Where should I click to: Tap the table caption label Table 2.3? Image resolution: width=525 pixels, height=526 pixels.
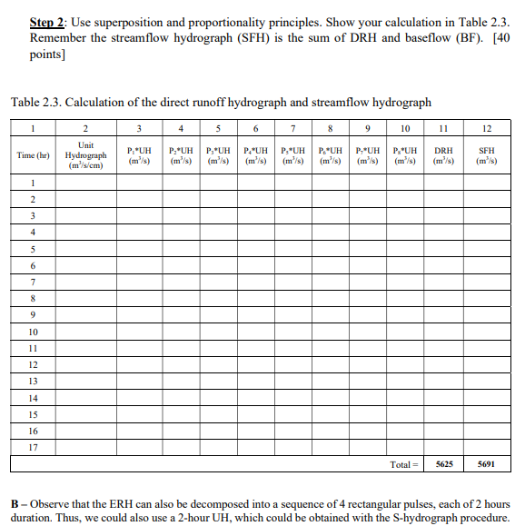pyautogui.click(x=35, y=102)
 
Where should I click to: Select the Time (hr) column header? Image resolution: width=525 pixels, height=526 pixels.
pyautogui.click(x=34, y=155)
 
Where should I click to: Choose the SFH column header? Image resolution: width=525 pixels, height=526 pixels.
pyautogui.click(x=486, y=155)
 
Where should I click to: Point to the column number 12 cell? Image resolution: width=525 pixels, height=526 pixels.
pyautogui.click(x=486, y=128)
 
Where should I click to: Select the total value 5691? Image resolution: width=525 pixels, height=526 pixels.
pyautogui.click(x=486, y=463)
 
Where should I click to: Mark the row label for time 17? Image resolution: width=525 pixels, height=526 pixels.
pyautogui.click(x=34, y=446)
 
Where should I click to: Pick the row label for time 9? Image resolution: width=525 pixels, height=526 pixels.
pyautogui.click(x=34, y=314)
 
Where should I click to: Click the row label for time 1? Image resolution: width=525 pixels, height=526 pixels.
pyautogui.click(x=34, y=183)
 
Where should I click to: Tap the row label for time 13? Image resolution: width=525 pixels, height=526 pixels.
pyautogui.click(x=34, y=381)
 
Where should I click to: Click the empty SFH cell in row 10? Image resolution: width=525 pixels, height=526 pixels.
pyautogui.click(x=486, y=331)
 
